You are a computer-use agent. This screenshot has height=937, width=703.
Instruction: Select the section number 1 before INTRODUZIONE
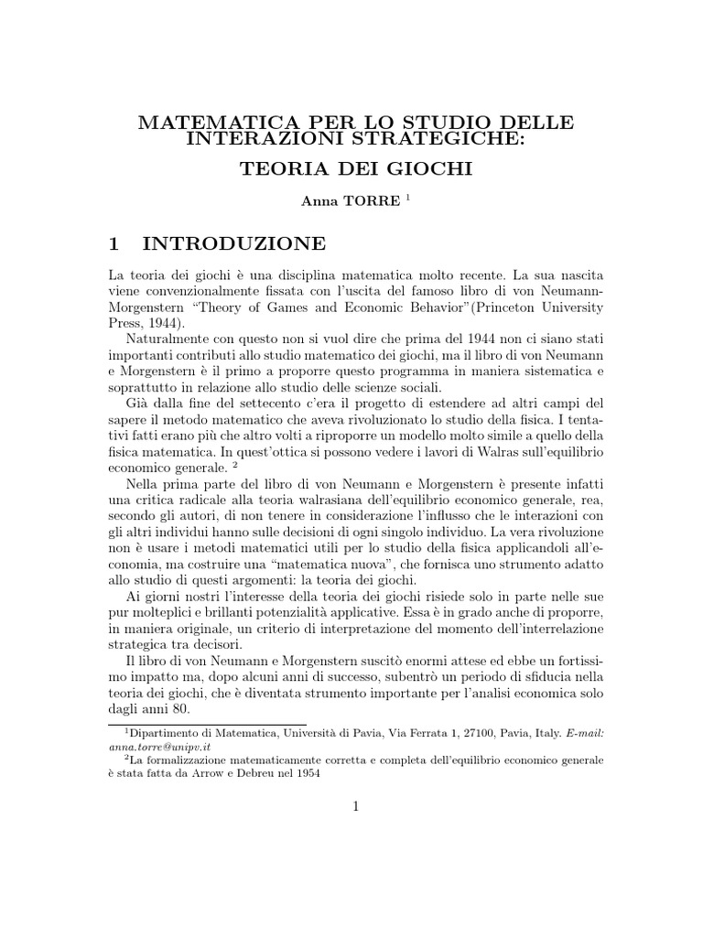tap(114, 243)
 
